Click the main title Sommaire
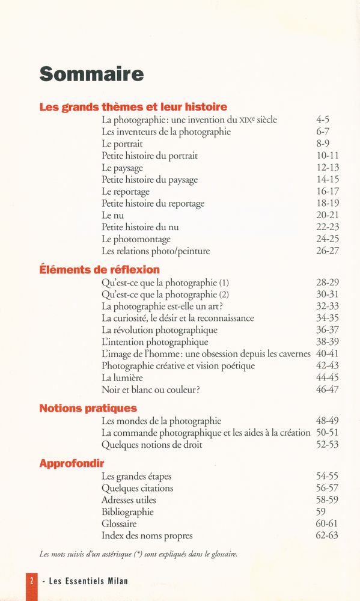point(91,74)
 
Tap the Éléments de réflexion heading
point(99,270)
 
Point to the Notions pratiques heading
point(88,408)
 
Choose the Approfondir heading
point(72,463)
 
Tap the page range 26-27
point(328,251)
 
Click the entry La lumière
point(122,377)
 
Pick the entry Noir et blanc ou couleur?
point(150,389)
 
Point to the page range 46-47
point(328,389)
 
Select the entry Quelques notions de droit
point(151,445)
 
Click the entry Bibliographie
point(127,512)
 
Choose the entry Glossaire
point(119,524)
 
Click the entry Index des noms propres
point(147,535)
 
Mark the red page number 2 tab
point(31,581)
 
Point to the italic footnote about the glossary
point(138,555)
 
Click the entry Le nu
point(112,215)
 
